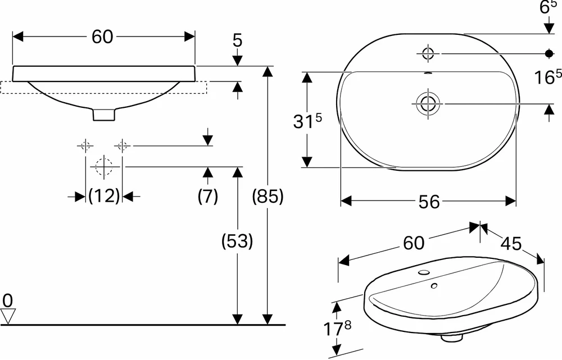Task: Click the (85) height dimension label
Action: tap(268, 197)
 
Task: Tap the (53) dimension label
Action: tap(237, 241)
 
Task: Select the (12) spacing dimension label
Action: tap(104, 196)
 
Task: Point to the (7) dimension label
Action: tap(208, 197)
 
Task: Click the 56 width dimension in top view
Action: tap(429, 202)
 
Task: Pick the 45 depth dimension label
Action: tap(511, 244)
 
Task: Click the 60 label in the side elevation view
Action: tap(102, 37)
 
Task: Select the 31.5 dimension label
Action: tap(307, 121)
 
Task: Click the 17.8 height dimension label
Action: tap(337, 329)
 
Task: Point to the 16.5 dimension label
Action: tap(547, 77)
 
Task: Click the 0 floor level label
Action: tap(7, 300)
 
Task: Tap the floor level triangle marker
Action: tap(7, 317)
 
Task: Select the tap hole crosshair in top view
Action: tap(428, 53)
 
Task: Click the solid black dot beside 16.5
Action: tap(549, 53)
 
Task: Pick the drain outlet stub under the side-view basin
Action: tap(104, 115)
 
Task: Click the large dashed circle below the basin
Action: tap(104, 167)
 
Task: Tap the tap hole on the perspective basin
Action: tap(423, 272)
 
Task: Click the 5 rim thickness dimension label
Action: tap(237, 41)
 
